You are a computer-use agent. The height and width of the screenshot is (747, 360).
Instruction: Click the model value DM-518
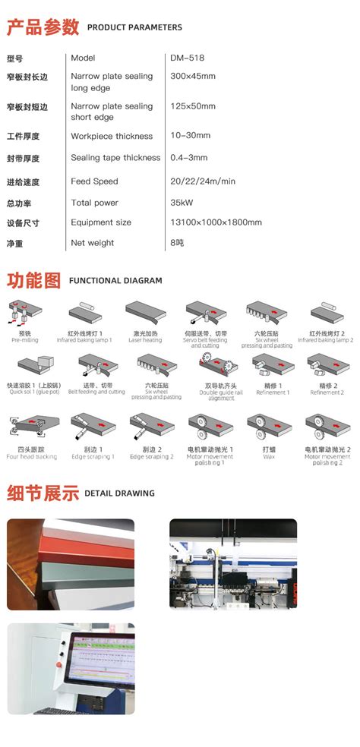tap(187, 58)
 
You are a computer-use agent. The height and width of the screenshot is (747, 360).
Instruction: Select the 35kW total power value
tap(182, 203)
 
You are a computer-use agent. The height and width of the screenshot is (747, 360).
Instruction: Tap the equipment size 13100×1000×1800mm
tap(216, 222)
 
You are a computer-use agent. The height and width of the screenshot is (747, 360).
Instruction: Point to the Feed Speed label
tap(94, 181)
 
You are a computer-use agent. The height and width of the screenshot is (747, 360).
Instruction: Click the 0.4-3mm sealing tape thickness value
tap(189, 158)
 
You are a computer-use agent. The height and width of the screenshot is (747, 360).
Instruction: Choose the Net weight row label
tap(92, 243)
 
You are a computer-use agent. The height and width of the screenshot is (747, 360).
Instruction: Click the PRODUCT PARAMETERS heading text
tap(134, 27)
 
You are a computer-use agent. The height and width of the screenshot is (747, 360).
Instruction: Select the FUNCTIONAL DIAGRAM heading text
tap(115, 280)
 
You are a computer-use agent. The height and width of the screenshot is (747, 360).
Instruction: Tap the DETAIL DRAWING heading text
tap(119, 493)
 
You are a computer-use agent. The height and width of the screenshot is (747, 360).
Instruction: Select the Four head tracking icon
tap(31, 429)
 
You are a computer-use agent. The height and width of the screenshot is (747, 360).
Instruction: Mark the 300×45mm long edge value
tap(193, 76)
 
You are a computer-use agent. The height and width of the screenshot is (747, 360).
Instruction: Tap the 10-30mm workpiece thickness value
tap(190, 136)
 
